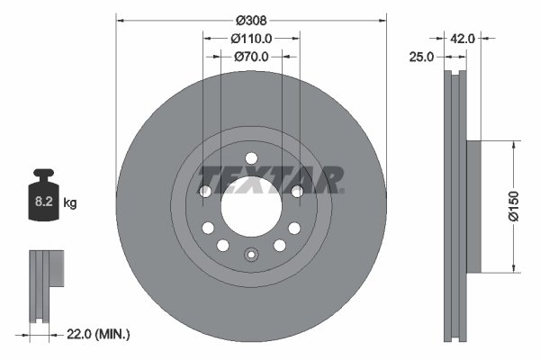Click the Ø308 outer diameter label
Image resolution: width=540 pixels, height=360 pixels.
coord(251,20)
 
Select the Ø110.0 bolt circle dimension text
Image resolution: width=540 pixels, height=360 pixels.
coord(251,39)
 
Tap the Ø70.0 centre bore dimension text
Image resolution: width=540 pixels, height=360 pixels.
coord(252,57)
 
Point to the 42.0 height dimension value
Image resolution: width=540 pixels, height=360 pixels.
coord(462,39)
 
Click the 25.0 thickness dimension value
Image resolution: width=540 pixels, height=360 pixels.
coord(422,57)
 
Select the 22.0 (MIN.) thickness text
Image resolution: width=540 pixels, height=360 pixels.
coord(99,335)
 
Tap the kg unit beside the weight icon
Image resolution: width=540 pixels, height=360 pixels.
coord(70,203)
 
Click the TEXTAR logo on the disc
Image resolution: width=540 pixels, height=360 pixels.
coord(271,178)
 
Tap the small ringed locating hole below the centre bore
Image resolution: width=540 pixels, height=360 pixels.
coord(251,256)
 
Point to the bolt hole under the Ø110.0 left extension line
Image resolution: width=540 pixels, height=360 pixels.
coord(204,191)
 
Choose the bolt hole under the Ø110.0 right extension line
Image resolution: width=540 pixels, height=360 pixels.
coord(298,191)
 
